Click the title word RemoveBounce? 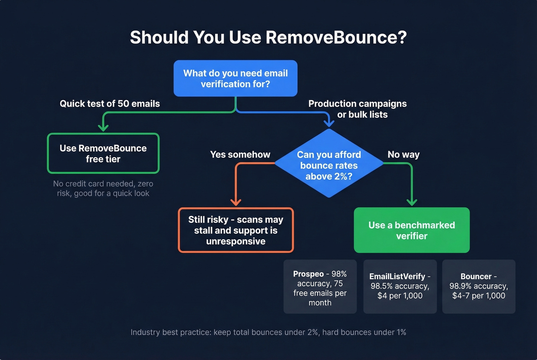[336, 38]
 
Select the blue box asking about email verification [236, 79]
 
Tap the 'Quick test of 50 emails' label [110, 104]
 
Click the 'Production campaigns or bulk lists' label [357, 109]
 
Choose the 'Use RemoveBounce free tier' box [103, 153]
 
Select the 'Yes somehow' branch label [240, 155]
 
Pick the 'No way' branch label [404, 155]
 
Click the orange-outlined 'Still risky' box [236, 230]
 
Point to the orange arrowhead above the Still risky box [236, 202]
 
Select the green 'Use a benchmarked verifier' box [412, 230]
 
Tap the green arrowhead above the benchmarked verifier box [412, 202]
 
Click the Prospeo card [320, 287]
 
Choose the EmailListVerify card [400, 286]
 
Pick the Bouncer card [479, 286]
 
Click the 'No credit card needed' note [103, 188]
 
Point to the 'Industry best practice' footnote [268, 332]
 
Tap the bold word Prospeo [308, 274]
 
